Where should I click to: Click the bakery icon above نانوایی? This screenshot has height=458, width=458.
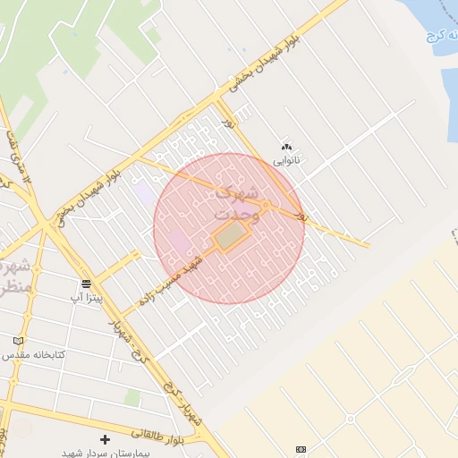click(286, 147)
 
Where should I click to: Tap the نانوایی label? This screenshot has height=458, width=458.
click(287, 161)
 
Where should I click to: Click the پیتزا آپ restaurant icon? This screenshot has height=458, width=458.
click(86, 284)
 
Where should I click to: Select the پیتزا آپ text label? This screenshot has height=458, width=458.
click(87, 296)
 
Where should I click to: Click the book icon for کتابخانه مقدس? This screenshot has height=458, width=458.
click(19, 341)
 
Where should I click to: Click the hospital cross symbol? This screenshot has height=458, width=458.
click(105, 439)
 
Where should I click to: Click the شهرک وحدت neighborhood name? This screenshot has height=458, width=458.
click(236, 202)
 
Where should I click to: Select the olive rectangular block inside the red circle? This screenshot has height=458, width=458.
click(231, 237)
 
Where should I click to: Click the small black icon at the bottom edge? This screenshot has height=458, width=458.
click(301, 449)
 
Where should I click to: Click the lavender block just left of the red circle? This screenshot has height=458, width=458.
click(143, 191)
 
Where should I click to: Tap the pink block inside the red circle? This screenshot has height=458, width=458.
click(180, 242)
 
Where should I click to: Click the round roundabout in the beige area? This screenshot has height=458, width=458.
click(351, 418)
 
